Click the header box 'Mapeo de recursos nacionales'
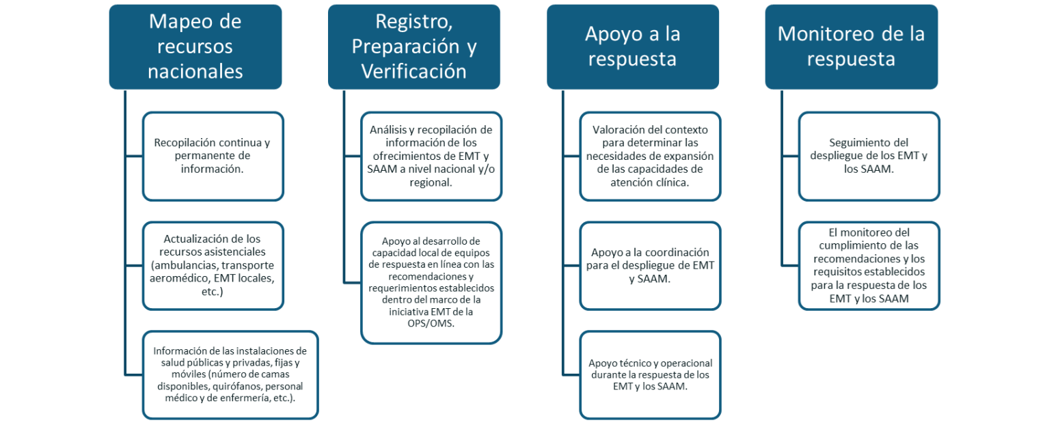pyautogui.click(x=195, y=46)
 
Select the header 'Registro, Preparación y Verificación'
pyautogui.click(x=414, y=46)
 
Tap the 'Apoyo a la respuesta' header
pyautogui.click(x=633, y=46)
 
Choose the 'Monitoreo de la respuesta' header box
pyautogui.click(x=852, y=46)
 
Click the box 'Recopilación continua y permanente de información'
pyautogui.click(x=213, y=156)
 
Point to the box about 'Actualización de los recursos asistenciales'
pyautogui.click(x=213, y=266)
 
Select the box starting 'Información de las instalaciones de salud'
pyautogui.click(x=230, y=374)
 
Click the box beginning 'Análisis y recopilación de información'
pyautogui.click(x=431, y=156)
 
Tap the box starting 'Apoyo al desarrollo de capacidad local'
pyautogui.click(x=431, y=282)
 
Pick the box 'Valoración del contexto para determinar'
pyautogui.click(x=650, y=156)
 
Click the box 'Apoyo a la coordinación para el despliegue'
pyautogui.click(x=650, y=266)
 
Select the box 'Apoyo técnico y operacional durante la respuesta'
pyautogui.click(x=650, y=374)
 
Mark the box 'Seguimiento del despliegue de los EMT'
pyautogui.click(x=869, y=156)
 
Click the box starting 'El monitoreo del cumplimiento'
pyautogui.click(x=869, y=266)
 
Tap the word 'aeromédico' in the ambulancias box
pyautogui.click(x=177, y=278)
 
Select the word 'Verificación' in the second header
pyautogui.click(x=414, y=72)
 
